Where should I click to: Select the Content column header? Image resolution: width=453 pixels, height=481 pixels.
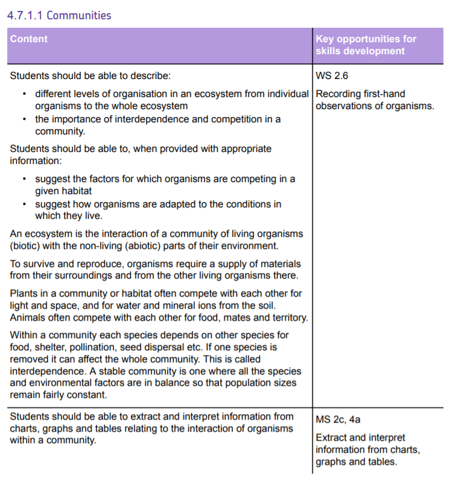tap(28, 39)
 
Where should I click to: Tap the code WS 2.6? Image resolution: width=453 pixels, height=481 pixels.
tap(332, 76)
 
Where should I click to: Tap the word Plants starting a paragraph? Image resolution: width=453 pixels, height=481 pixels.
tap(24, 294)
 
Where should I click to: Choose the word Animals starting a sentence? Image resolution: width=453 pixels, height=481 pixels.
tap(28, 318)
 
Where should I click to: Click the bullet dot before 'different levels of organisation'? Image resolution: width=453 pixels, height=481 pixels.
tap(24, 94)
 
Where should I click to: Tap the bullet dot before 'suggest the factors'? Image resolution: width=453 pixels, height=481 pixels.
tap(24, 180)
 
